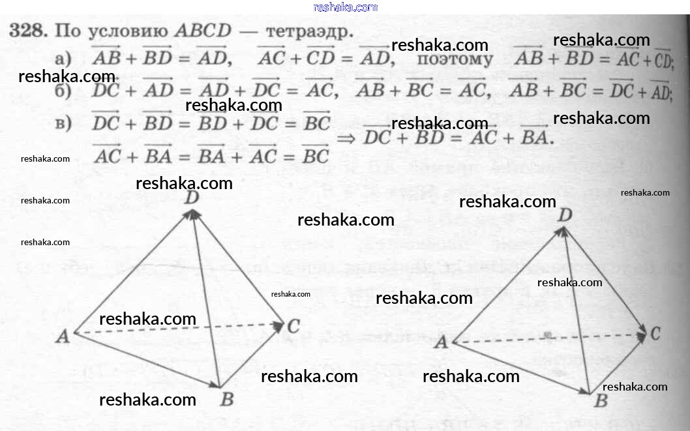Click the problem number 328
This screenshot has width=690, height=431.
coord(28,31)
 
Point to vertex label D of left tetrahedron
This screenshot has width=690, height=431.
coord(191,197)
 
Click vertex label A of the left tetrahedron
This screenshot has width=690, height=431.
coord(63,336)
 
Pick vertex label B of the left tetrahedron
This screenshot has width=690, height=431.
coord(226,399)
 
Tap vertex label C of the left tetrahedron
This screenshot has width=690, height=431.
coord(293,326)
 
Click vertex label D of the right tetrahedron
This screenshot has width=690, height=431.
coord(565,215)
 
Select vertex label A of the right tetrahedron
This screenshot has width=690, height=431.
coord(442,342)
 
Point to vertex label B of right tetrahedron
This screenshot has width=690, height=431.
coord(600,400)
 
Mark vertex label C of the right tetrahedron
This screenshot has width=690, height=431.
coord(655,334)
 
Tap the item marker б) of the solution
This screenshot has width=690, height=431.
coord(63,91)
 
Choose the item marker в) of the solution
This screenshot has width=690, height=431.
coord(63,123)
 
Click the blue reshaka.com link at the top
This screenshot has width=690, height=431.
coord(345,7)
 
